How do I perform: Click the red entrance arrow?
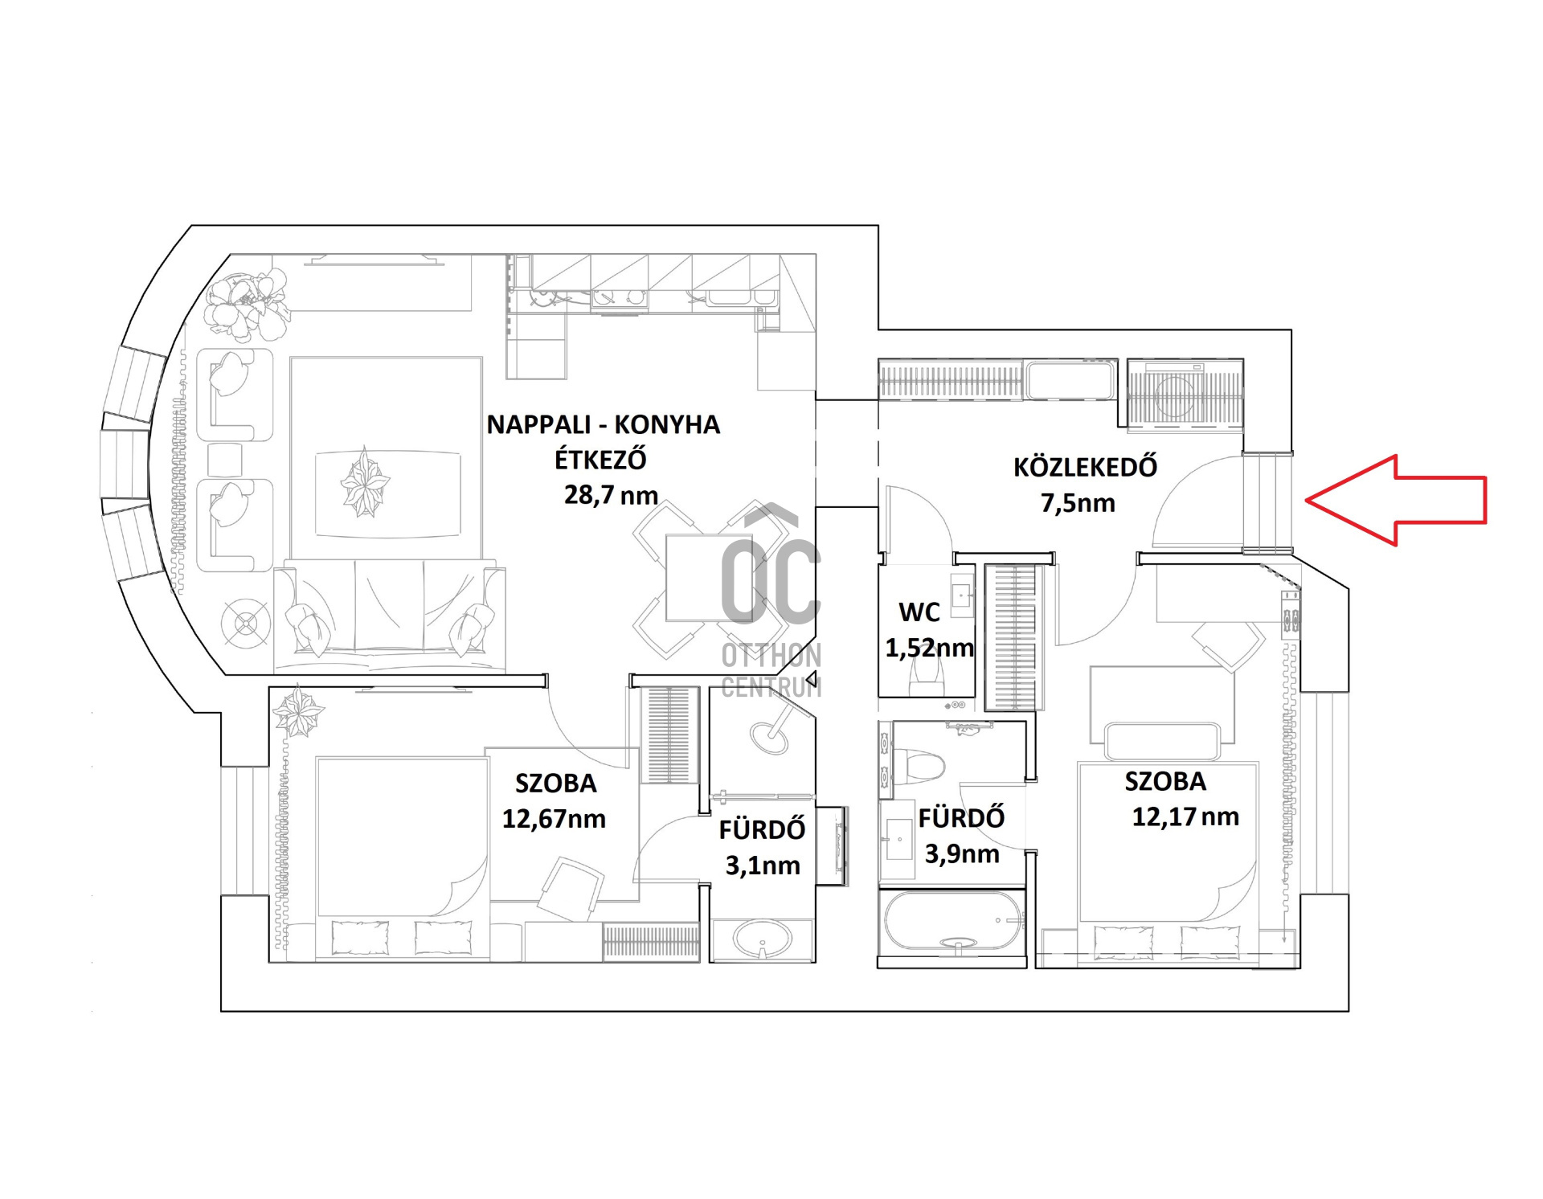pos(1396,500)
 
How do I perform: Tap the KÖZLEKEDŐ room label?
pos(1085,466)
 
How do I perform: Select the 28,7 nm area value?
pos(611,494)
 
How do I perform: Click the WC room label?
pos(919,612)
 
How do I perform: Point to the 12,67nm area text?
pos(554,819)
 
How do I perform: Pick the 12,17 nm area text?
pos(1185,817)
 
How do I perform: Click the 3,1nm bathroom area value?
pos(763,865)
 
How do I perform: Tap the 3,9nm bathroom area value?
pos(962,853)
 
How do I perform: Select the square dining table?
pos(698,577)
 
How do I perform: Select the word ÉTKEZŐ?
pos(600,459)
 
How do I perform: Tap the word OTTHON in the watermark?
pos(771,656)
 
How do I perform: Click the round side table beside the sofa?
pos(245,623)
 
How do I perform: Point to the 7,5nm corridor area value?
pos(1078,503)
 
